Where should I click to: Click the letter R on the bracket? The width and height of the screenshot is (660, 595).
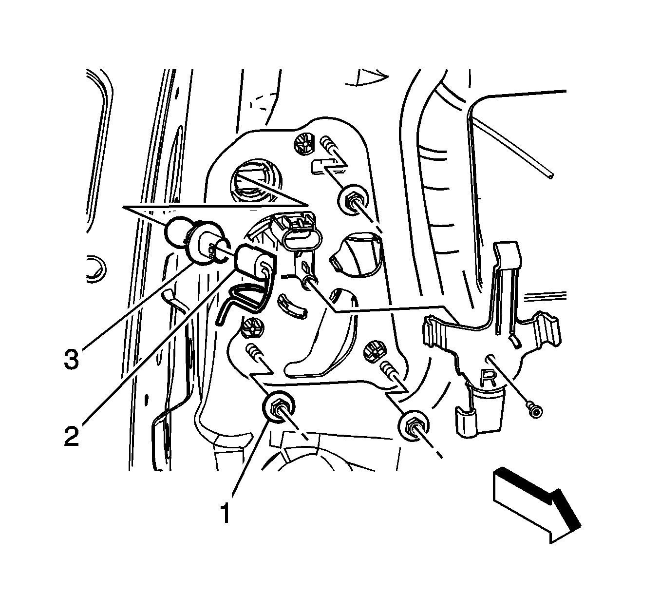[x=488, y=378]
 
